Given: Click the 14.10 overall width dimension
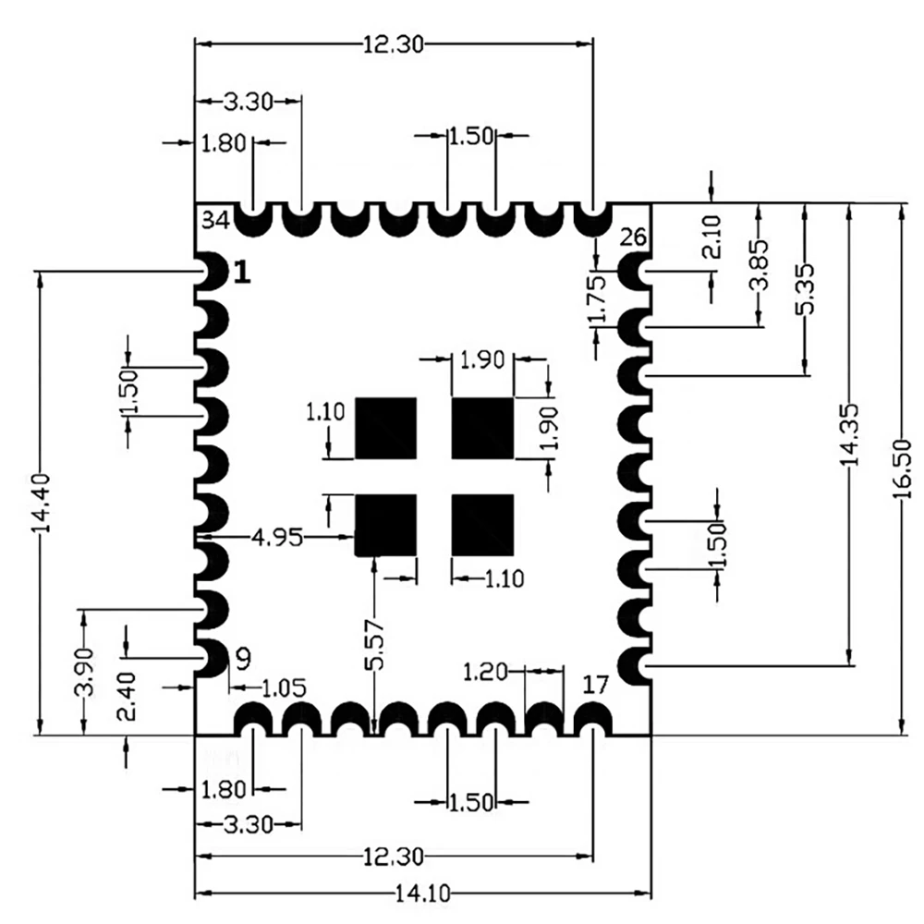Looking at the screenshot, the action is coord(422,894).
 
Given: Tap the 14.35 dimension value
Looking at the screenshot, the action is coord(849,435).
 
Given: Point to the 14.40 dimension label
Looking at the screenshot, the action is coord(41,503).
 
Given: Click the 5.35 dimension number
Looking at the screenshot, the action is coord(805,288).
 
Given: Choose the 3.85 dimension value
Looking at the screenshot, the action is coord(759,264).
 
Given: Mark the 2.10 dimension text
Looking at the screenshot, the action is coord(711,237).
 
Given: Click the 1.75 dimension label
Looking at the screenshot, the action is coord(597,298).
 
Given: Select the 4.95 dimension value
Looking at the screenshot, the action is coord(277,538).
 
